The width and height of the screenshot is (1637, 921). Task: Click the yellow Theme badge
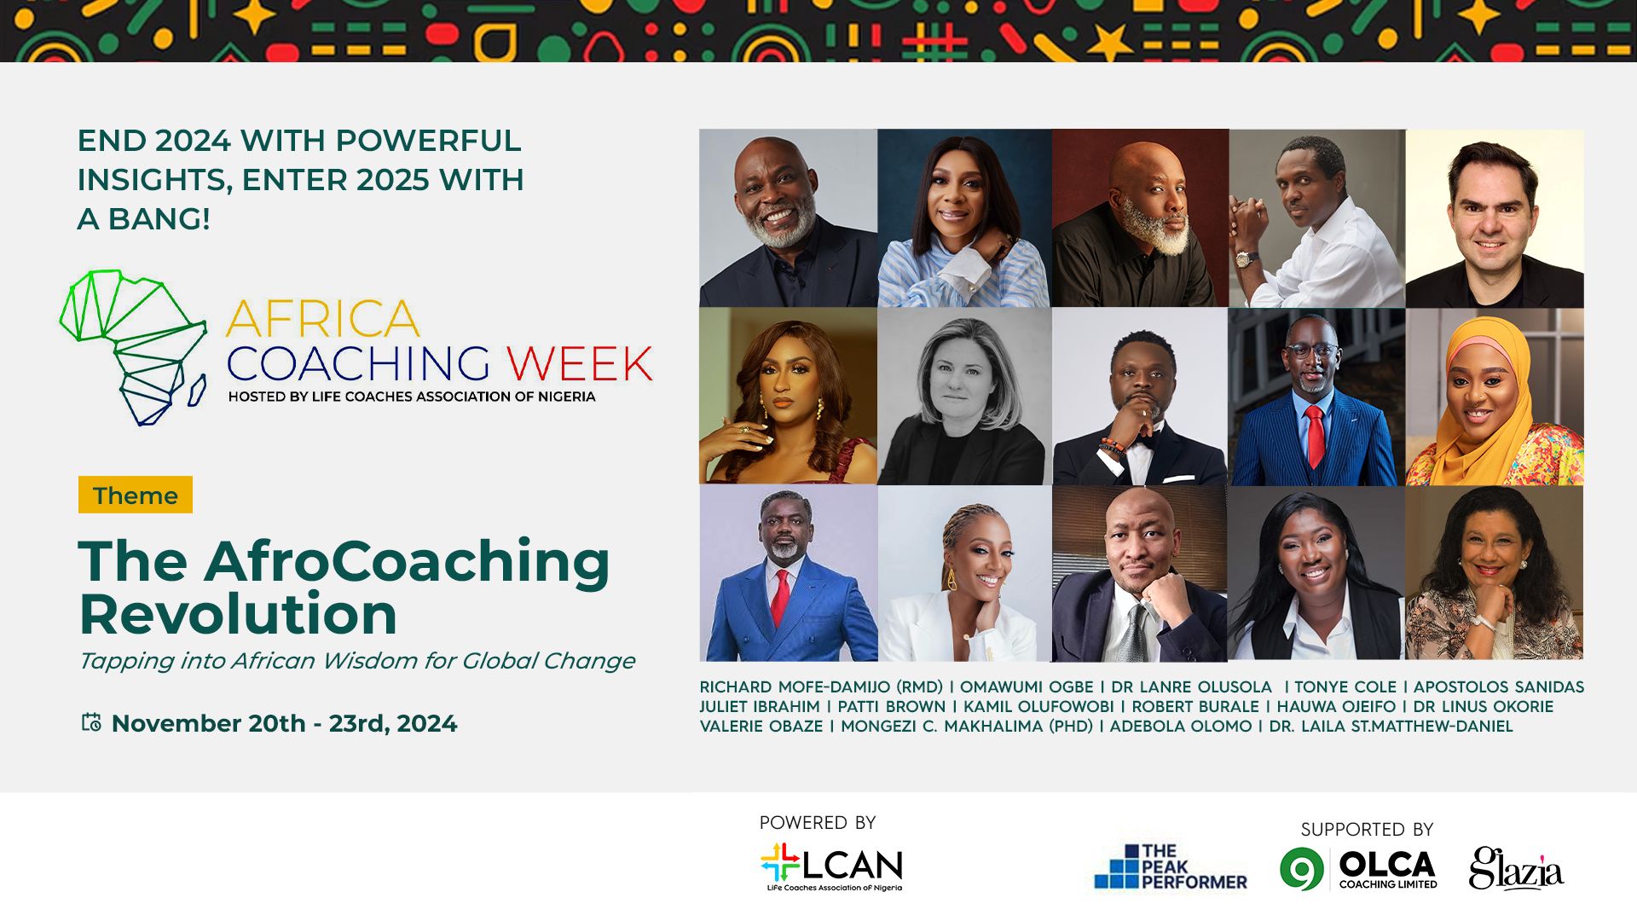(x=136, y=495)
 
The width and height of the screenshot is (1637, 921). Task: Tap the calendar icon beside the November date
(x=91, y=722)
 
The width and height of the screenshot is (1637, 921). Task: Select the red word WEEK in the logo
(x=580, y=364)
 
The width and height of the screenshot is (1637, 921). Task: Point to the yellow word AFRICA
(x=323, y=319)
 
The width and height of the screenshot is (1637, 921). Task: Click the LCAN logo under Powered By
(x=831, y=867)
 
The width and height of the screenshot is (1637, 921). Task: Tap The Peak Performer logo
(x=1171, y=866)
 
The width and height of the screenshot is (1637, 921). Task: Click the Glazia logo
(x=1516, y=869)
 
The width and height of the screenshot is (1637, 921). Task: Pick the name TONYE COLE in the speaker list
(x=1345, y=687)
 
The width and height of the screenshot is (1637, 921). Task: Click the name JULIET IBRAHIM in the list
(x=760, y=707)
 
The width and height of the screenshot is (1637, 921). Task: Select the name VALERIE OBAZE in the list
(x=761, y=727)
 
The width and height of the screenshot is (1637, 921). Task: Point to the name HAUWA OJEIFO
(x=1336, y=707)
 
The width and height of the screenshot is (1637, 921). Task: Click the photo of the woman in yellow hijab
(x=1495, y=397)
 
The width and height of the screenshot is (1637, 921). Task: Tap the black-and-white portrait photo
(x=964, y=397)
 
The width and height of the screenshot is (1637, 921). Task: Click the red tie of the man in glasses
(x=1315, y=435)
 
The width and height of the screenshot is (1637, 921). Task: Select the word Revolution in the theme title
(x=238, y=614)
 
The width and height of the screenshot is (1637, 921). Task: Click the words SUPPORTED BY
(x=1367, y=829)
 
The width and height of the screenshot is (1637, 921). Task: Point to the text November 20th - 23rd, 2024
(x=284, y=723)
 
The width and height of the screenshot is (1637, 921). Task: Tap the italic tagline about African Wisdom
(x=356, y=662)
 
